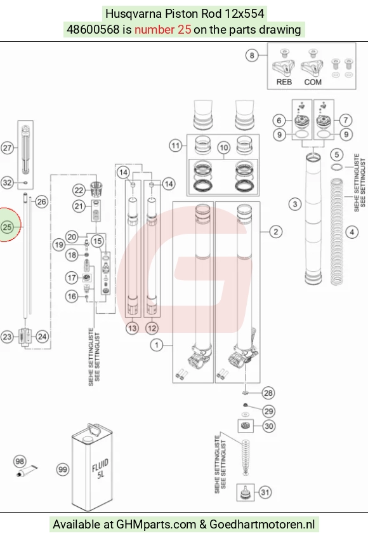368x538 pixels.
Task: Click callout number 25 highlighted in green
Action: pyautogui.click(x=7, y=227)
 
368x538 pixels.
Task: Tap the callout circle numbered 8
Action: pyautogui.click(x=252, y=55)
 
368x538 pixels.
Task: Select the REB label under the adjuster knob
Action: pyautogui.click(x=284, y=82)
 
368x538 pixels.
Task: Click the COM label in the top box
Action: pyautogui.click(x=313, y=82)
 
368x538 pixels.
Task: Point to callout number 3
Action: pyautogui.click(x=295, y=205)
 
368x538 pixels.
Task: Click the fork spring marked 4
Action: pyautogui.click(x=336, y=232)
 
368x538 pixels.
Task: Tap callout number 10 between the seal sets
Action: pyautogui.click(x=223, y=148)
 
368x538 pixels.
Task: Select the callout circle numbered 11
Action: pyautogui.click(x=176, y=145)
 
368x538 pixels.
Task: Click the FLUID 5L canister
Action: pyautogui.click(x=92, y=467)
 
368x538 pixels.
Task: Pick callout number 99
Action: pyautogui.click(x=63, y=469)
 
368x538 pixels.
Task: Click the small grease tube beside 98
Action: pyautogui.click(x=27, y=471)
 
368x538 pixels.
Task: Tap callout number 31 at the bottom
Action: pyautogui.click(x=265, y=492)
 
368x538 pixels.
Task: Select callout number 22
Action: pyautogui.click(x=79, y=190)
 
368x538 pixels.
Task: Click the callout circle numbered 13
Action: pyautogui.click(x=132, y=328)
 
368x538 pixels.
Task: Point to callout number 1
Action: pyautogui.click(x=157, y=344)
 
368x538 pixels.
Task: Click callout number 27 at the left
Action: pyautogui.click(x=7, y=148)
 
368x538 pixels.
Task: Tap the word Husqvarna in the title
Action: pyautogui.click(x=134, y=14)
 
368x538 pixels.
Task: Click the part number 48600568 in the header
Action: pyautogui.click(x=93, y=29)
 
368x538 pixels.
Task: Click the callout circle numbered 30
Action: pyautogui.click(x=268, y=426)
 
